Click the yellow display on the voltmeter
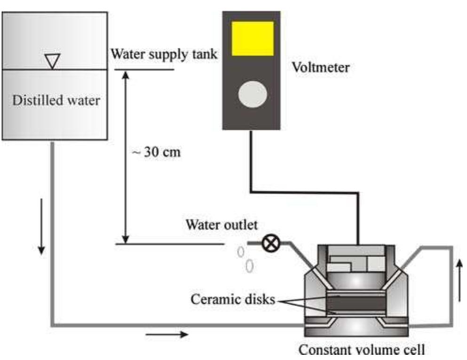click(x=253, y=38)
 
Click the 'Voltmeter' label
click(x=321, y=68)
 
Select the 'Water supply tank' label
click(x=164, y=54)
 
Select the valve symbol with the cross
click(x=272, y=244)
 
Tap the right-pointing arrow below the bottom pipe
click(x=167, y=335)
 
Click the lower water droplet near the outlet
click(x=250, y=266)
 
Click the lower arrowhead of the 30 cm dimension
click(x=125, y=238)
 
